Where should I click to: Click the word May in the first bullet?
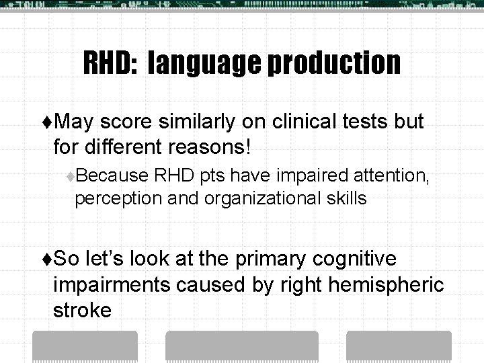tap(78, 122)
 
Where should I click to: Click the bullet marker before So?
tap(46, 259)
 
